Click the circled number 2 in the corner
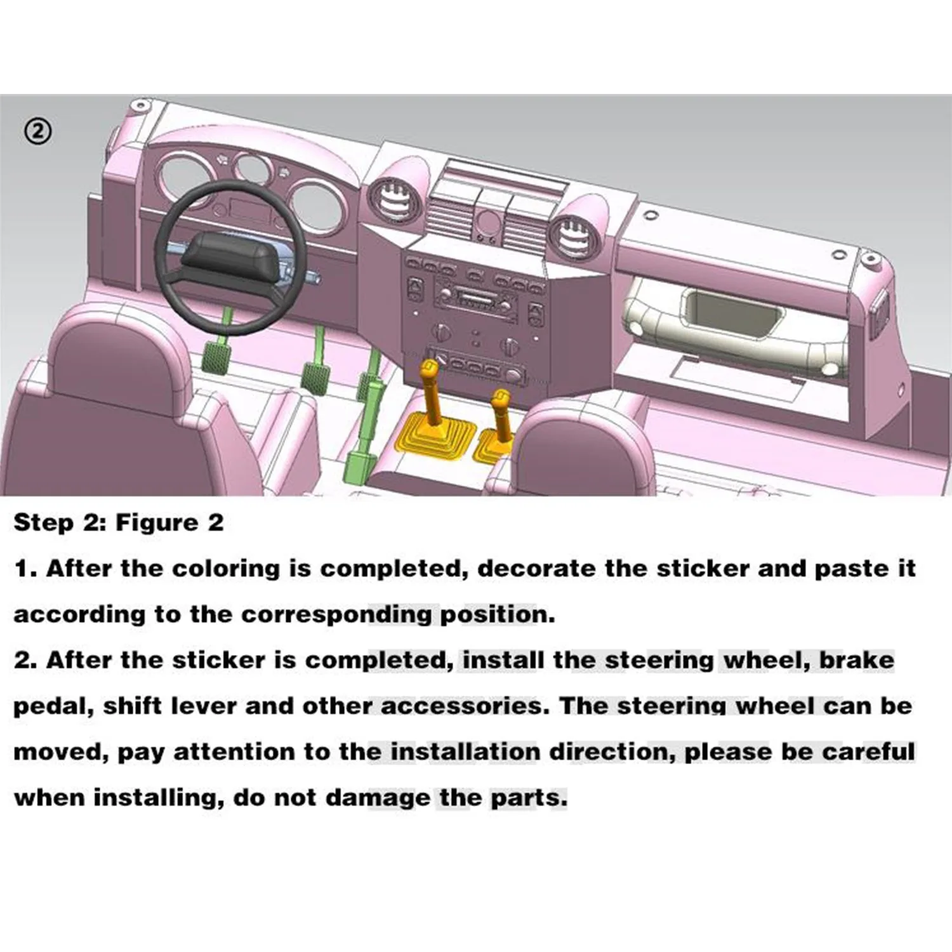pyautogui.click(x=38, y=131)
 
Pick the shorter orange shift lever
pyautogui.click(x=501, y=416)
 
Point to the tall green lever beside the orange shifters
pyautogui.click(x=366, y=419)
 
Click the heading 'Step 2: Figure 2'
pyautogui.click(x=119, y=522)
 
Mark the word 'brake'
pyautogui.click(x=856, y=660)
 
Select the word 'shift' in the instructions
pyautogui.click(x=132, y=706)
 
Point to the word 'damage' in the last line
pyautogui.click(x=378, y=798)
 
